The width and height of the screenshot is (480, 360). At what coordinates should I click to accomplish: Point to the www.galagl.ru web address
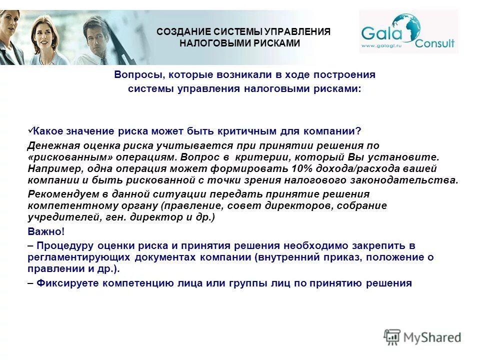[x=382, y=46]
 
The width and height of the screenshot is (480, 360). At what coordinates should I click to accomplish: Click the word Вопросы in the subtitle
[x=138, y=75]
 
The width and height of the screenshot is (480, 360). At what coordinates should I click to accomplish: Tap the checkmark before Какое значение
[x=30, y=130]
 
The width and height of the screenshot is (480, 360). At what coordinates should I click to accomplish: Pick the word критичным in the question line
[x=246, y=131]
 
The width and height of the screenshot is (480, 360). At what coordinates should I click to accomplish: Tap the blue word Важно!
[x=46, y=232]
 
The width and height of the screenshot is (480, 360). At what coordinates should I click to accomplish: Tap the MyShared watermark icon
[x=393, y=336]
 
